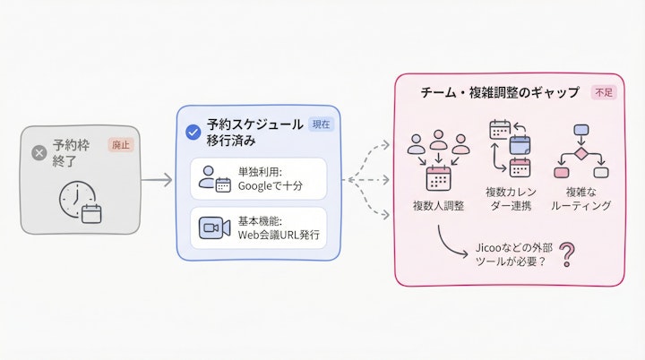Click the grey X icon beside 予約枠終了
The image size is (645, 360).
[39, 153]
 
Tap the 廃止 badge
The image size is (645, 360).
[119, 144]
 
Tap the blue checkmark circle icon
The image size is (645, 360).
[193, 133]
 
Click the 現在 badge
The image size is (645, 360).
[320, 124]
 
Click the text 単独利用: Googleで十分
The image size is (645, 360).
[270, 178]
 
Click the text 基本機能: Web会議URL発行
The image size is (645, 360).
[275, 227]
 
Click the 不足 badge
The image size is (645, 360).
[602, 92]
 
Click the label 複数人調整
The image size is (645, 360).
[437, 205]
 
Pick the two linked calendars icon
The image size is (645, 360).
[510, 150]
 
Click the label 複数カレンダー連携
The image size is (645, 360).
[509, 199]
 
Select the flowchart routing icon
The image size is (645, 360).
[580, 150]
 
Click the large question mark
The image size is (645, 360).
[566, 257]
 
